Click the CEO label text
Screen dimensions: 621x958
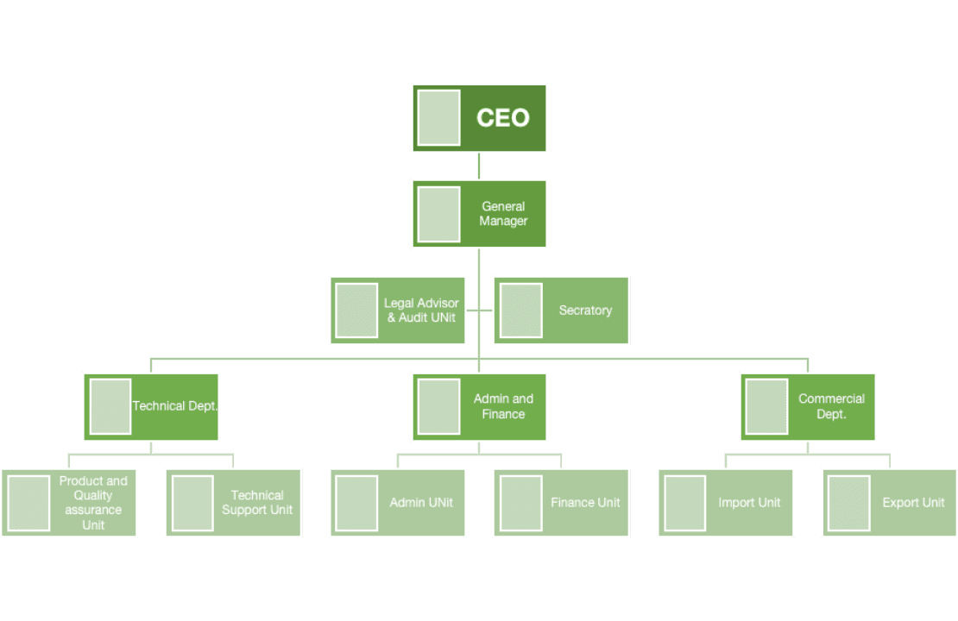503,118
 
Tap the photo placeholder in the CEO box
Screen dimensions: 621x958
438,118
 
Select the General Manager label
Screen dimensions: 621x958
503,214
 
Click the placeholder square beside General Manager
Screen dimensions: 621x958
438,214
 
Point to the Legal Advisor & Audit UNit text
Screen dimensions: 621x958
422,310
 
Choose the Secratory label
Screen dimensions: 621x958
585,310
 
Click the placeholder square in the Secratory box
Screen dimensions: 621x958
520,310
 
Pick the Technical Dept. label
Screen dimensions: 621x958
175,406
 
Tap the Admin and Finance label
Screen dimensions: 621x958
503,406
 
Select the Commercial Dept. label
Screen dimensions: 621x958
831,406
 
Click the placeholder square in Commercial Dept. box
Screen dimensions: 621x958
766,406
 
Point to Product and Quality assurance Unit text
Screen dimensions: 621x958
93,503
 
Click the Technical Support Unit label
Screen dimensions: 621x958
257,503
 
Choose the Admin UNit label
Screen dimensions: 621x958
421,503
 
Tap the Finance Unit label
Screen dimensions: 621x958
585,503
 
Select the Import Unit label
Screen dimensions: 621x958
749,503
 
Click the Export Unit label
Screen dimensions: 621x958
913,503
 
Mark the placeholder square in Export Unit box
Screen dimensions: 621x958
848,503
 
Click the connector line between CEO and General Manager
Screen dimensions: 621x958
479,166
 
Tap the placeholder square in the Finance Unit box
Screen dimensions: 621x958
520,503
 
